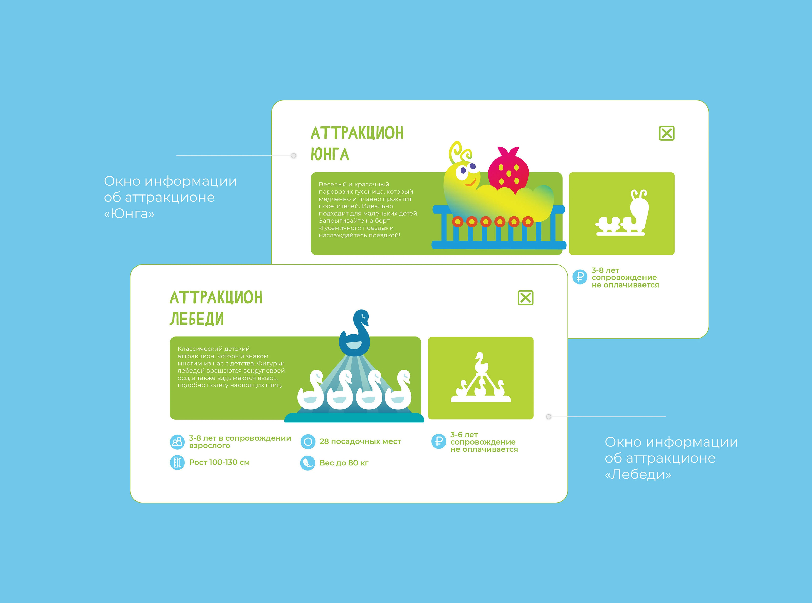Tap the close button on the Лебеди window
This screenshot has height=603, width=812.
point(526,298)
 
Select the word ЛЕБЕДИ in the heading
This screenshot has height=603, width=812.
point(196,319)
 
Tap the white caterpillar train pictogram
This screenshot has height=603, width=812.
point(622,212)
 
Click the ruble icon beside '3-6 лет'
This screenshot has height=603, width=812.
point(439,441)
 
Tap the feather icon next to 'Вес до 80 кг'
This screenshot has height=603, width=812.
point(308,463)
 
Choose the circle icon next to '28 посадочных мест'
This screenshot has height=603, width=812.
point(308,442)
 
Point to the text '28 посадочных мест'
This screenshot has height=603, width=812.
point(360,442)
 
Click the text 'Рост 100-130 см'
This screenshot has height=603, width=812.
point(219,463)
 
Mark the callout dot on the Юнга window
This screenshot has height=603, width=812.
point(293,156)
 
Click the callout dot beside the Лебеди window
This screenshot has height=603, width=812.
point(548,416)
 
